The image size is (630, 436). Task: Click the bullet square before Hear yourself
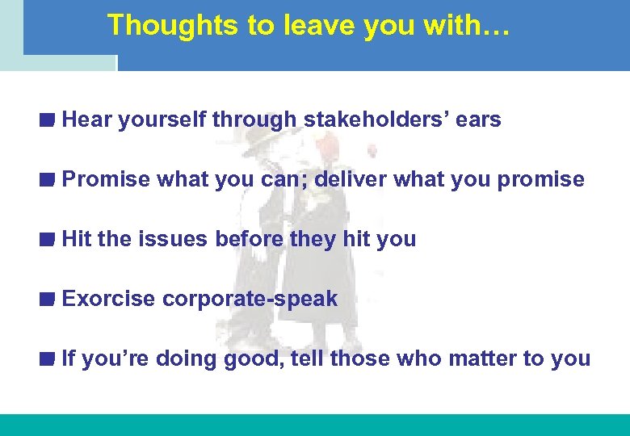[48, 120]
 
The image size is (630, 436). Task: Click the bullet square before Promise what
[48, 179]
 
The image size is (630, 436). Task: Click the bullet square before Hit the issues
[48, 239]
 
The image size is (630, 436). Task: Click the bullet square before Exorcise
[48, 299]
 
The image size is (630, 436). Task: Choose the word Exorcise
[108, 299]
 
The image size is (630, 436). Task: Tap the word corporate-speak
[250, 299]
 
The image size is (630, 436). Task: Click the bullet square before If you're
[48, 358]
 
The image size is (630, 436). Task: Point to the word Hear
[86, 120]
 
